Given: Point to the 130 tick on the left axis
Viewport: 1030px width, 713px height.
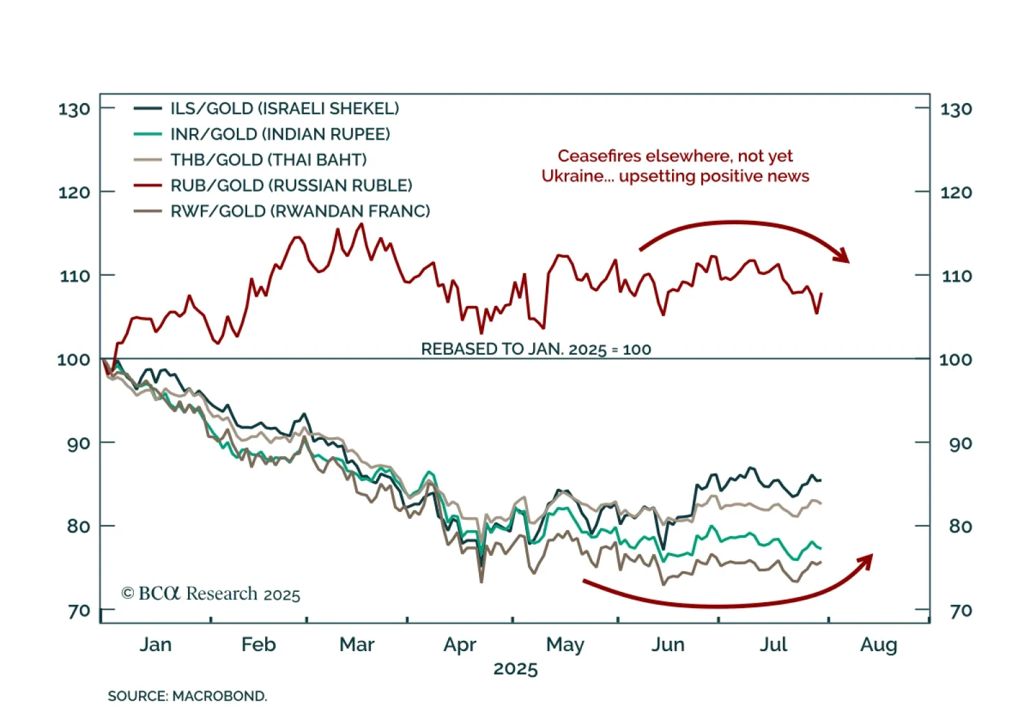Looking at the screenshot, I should [74, 109].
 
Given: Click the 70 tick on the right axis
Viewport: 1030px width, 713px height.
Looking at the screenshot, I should [960, 610].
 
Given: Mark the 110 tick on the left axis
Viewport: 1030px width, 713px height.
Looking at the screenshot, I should [74, 276].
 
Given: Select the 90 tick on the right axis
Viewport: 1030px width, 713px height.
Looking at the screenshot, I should [960, 443].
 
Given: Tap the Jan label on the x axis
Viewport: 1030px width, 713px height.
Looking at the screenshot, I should [156, 644].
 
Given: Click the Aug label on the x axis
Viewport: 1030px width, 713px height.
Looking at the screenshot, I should [878, 644].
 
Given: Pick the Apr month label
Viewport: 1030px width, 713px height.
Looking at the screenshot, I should [460, 644].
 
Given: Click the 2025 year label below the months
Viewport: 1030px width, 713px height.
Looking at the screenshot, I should [515, 669].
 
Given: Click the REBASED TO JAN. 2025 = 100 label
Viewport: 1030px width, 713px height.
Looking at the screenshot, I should [536, 349].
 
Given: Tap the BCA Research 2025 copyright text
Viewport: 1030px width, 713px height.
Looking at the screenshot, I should [211, 593].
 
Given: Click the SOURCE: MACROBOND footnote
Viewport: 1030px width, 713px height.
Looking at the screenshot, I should [187, 696].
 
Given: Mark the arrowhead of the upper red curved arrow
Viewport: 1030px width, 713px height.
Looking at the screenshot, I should [842, 256].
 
